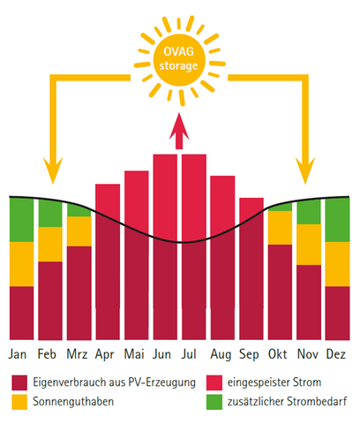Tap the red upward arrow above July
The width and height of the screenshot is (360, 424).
coord(181,135)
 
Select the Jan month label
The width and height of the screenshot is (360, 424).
coord(19,354)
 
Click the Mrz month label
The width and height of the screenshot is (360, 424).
coord(79,354)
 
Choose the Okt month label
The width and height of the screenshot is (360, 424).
coord(280,354)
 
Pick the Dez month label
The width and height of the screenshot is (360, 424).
coord(337,354)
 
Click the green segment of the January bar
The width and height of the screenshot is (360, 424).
coord(21,219)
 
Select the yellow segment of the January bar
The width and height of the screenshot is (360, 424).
coord(21,263)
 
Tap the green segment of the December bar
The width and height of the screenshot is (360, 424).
coord(337,220)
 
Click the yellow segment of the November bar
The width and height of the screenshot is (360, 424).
coord(309,245)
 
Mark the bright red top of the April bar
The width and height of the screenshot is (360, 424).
coord(108,198)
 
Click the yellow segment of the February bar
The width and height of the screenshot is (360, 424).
coord(50,244)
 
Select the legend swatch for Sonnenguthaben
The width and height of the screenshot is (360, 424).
coord(20,401)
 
